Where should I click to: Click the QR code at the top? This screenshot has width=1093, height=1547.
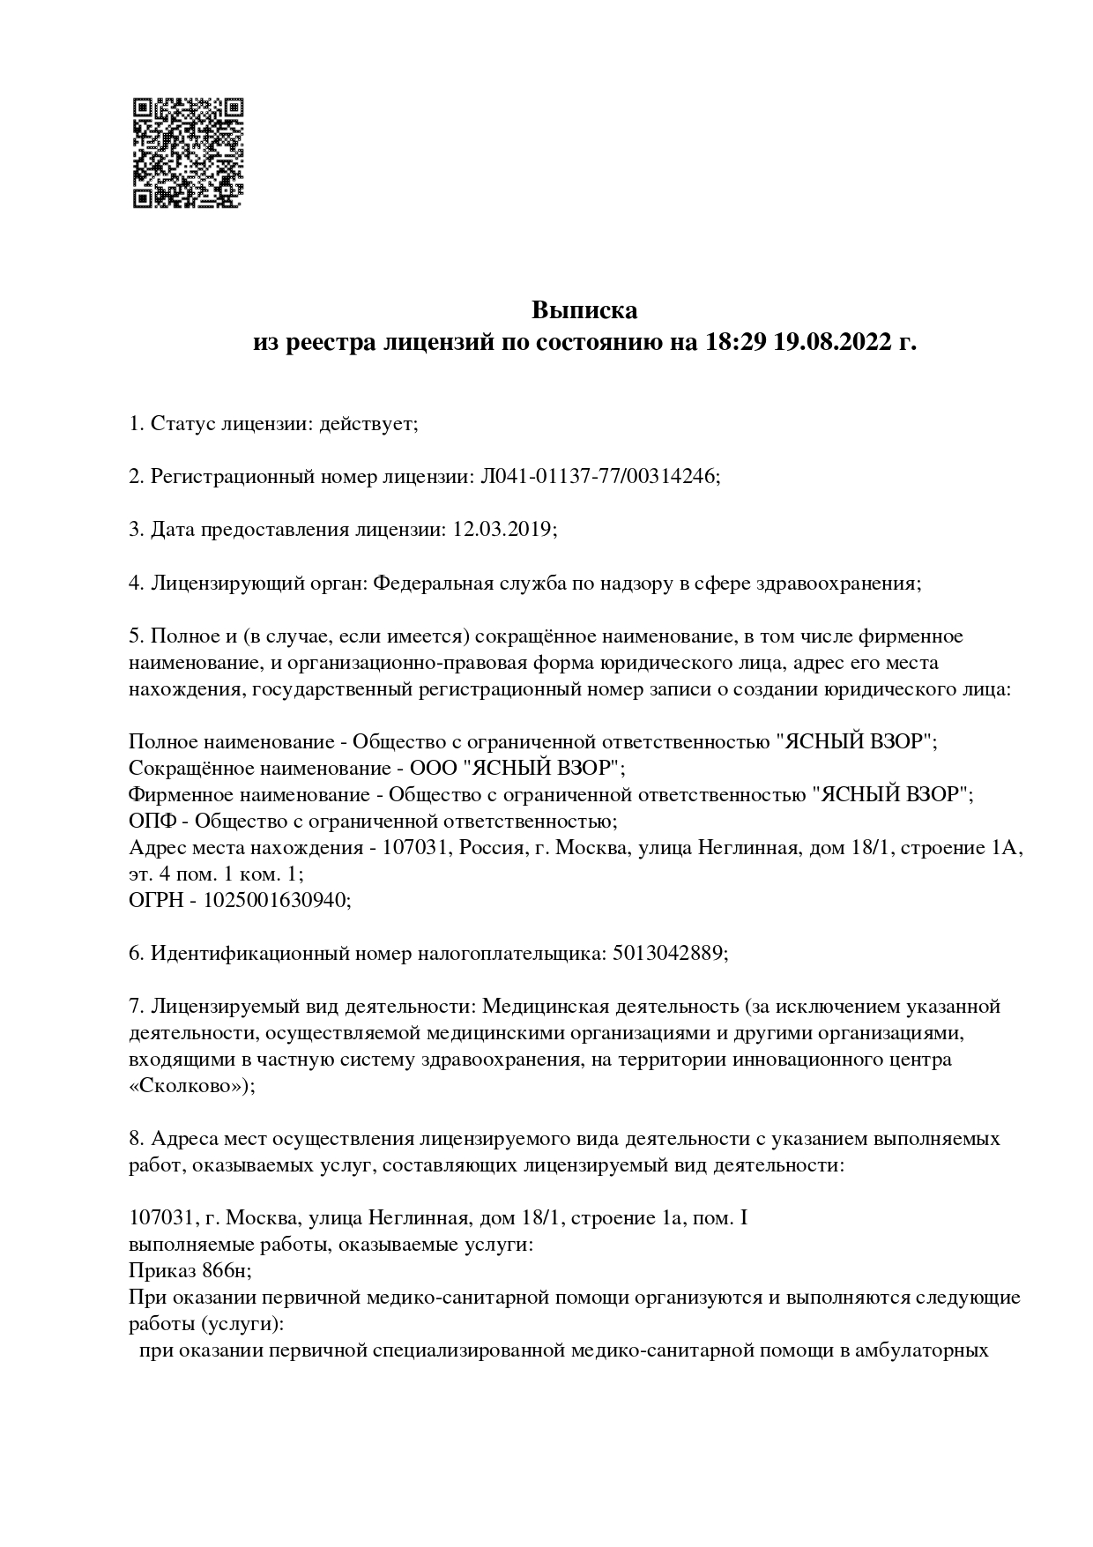[x=188, y=153]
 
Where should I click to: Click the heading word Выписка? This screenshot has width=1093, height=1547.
[x=584, y=310]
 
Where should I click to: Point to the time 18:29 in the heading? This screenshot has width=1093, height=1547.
[x=736, y=341]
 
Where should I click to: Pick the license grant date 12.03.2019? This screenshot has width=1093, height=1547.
[x=502, y=530]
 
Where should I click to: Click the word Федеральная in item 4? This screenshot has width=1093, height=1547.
[x=431, y=583]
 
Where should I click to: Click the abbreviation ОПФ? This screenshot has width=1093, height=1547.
[x=152, y=821]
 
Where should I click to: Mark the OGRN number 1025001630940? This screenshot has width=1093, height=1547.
[x=277, y=900]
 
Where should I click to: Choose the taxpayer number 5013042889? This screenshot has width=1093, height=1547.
[x=667, y=953]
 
